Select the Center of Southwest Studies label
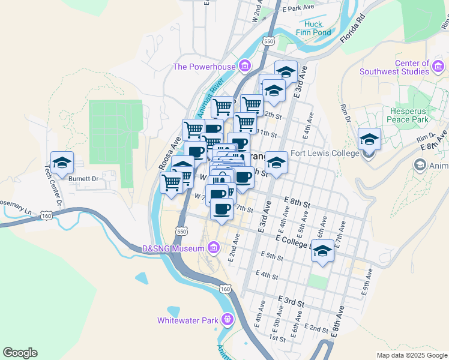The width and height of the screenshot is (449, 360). [x=394, y=67]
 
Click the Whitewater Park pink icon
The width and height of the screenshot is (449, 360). [x=227, y=319]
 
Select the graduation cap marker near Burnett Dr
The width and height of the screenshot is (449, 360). [x=62, y=162]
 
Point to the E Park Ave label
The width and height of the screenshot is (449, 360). [x=300, y=8]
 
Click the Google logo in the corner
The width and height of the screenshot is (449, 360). [x=20, y=353]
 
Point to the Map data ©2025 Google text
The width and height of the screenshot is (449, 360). [x=412, y=355]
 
